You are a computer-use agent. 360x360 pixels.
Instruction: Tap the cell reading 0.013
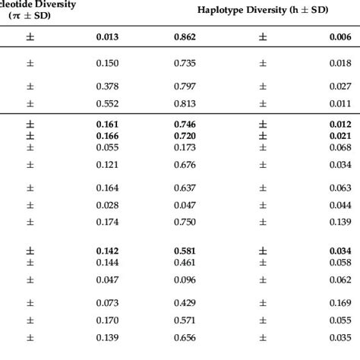pos(108,36)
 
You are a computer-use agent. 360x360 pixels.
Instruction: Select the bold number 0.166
pos(108,135)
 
